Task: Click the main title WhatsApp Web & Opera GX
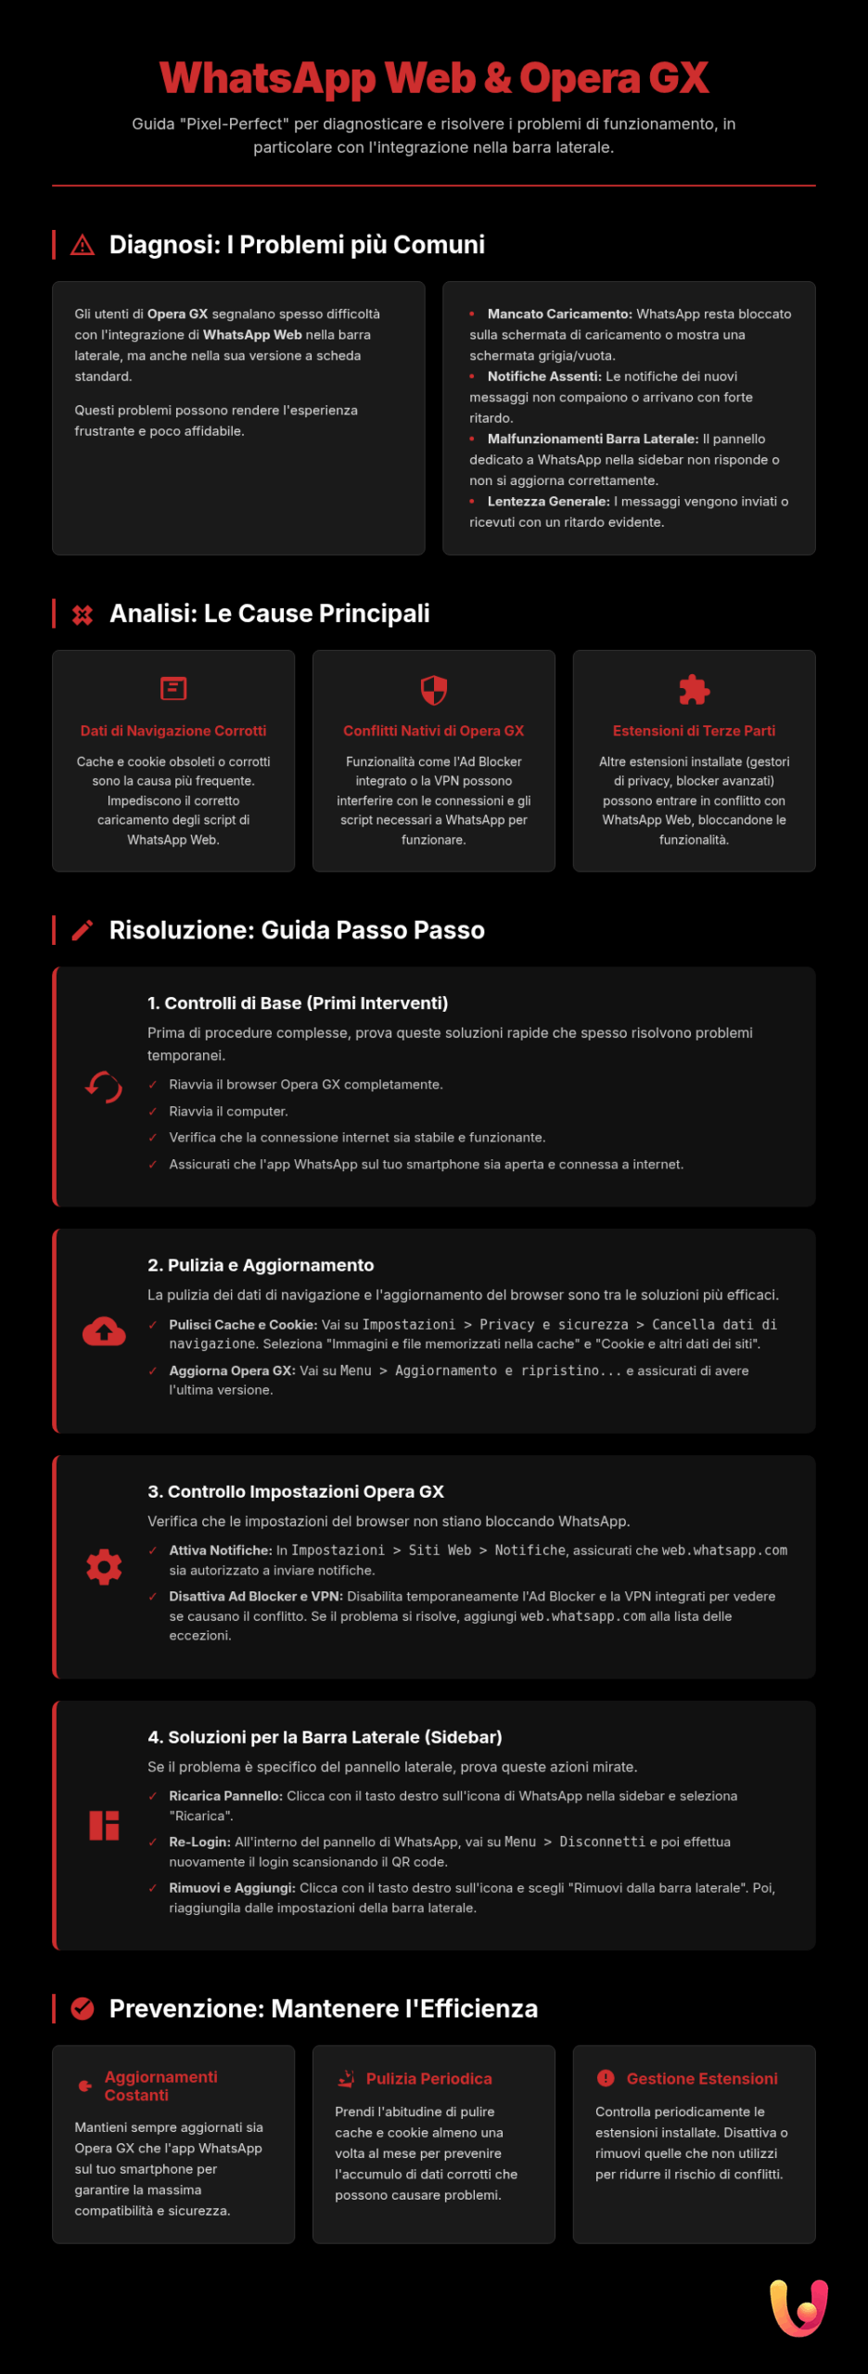(434, 78)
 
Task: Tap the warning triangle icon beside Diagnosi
(83, 245)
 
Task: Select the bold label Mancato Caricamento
(559, 314)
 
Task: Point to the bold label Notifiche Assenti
(544, 377)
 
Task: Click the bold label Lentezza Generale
(548, 502)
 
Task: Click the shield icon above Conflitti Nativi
(434, 690)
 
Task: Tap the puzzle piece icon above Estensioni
(694, 690)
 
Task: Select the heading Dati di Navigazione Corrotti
(173, 731)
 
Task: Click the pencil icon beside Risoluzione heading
(83, 930)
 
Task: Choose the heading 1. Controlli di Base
(298, 1003)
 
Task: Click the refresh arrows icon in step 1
(104, 1087)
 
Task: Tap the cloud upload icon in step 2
(104, 1332)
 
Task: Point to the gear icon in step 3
(104, 1567)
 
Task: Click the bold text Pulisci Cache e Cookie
(243, 1325)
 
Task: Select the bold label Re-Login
(199, 1842)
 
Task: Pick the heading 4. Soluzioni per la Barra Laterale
(325, 1737)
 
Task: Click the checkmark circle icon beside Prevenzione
(83, 2009)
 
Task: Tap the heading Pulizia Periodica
(428, 2079)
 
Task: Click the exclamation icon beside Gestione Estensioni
(606, 2078)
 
